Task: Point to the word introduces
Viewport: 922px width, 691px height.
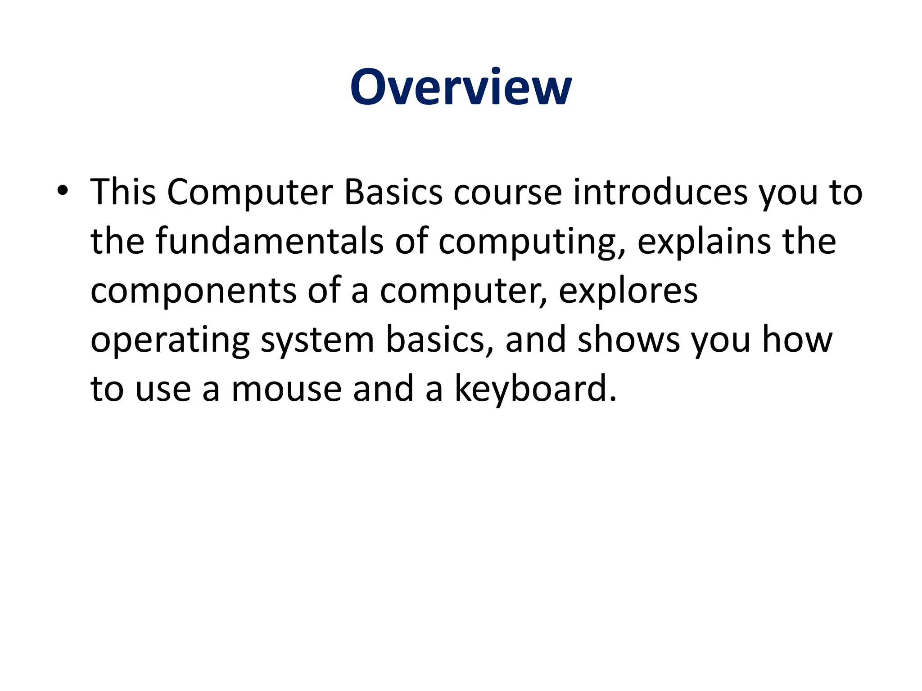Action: tap(660, 192)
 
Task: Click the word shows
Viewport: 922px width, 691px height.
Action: tap(628, 340)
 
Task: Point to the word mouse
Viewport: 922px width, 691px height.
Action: tap(286, 389)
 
